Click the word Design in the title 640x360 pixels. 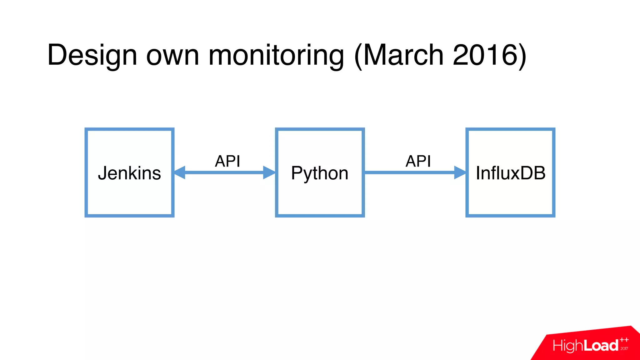pos(92,55)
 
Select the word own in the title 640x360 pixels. pos(172,55)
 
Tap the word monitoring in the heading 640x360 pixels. pos(276,55)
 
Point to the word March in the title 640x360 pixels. pos(403,55)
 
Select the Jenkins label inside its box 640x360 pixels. pos(129,173)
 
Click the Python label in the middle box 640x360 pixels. pos(319,173)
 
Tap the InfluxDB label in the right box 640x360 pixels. pos(511,173)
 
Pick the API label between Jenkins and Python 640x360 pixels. pos(227,161)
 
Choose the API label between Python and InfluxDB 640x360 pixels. pos(418,161)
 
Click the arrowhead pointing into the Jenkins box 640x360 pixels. pos(180,172)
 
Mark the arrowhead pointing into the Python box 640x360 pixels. pos(269,172)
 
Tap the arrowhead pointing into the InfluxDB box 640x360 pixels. pos(460,172)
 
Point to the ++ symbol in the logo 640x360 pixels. pos(624,340)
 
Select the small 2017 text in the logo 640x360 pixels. pos(624,348)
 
